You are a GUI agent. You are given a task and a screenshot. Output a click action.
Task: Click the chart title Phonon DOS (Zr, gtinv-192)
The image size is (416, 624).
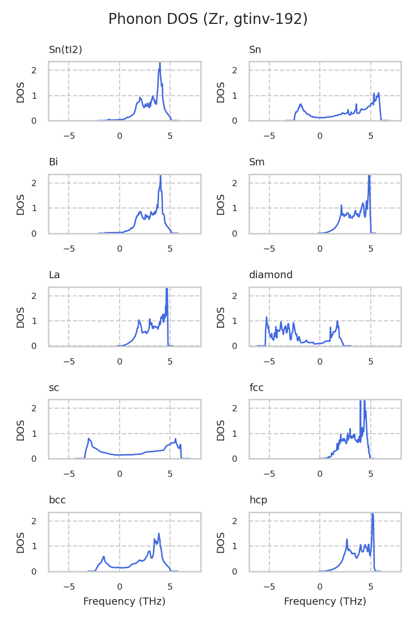(x=208, y=20)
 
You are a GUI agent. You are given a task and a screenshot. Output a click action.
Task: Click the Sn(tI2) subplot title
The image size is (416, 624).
(x=66, y=50)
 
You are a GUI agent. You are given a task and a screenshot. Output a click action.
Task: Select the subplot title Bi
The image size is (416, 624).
(x=53, y=162)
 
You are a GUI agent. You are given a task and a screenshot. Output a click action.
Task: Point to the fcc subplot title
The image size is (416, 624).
(x=256, y=387)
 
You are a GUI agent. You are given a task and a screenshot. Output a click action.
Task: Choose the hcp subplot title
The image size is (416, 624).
(x=258, y=500)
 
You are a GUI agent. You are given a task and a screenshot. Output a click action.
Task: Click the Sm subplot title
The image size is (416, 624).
(x=257, y=162)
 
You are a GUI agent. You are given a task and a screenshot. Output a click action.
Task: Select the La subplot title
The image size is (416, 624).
(x=54, y=275)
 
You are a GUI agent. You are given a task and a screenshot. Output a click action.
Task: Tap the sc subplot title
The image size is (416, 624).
(x=54, y=387)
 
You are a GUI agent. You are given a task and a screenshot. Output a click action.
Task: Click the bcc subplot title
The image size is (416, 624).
(x=57, y=500)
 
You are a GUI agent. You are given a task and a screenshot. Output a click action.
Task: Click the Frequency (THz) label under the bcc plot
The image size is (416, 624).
(x=124, y=602)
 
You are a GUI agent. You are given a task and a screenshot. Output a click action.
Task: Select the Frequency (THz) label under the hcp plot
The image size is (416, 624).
(x=325, y=602)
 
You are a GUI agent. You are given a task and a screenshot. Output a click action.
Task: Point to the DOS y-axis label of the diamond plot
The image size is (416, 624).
(x=221, y=317)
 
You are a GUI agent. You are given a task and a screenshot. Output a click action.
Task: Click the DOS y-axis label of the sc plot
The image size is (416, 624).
(x=21, y=430)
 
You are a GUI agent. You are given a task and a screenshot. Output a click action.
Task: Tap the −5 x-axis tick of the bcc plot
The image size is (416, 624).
(x=69, y=587)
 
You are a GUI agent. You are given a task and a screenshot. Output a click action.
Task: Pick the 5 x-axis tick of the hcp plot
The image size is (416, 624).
(x=371, y=587)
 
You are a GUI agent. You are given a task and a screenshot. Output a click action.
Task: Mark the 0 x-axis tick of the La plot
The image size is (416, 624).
(x=120, y=361)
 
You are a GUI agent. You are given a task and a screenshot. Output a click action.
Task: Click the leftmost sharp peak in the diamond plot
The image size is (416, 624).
(x=267, y=317)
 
